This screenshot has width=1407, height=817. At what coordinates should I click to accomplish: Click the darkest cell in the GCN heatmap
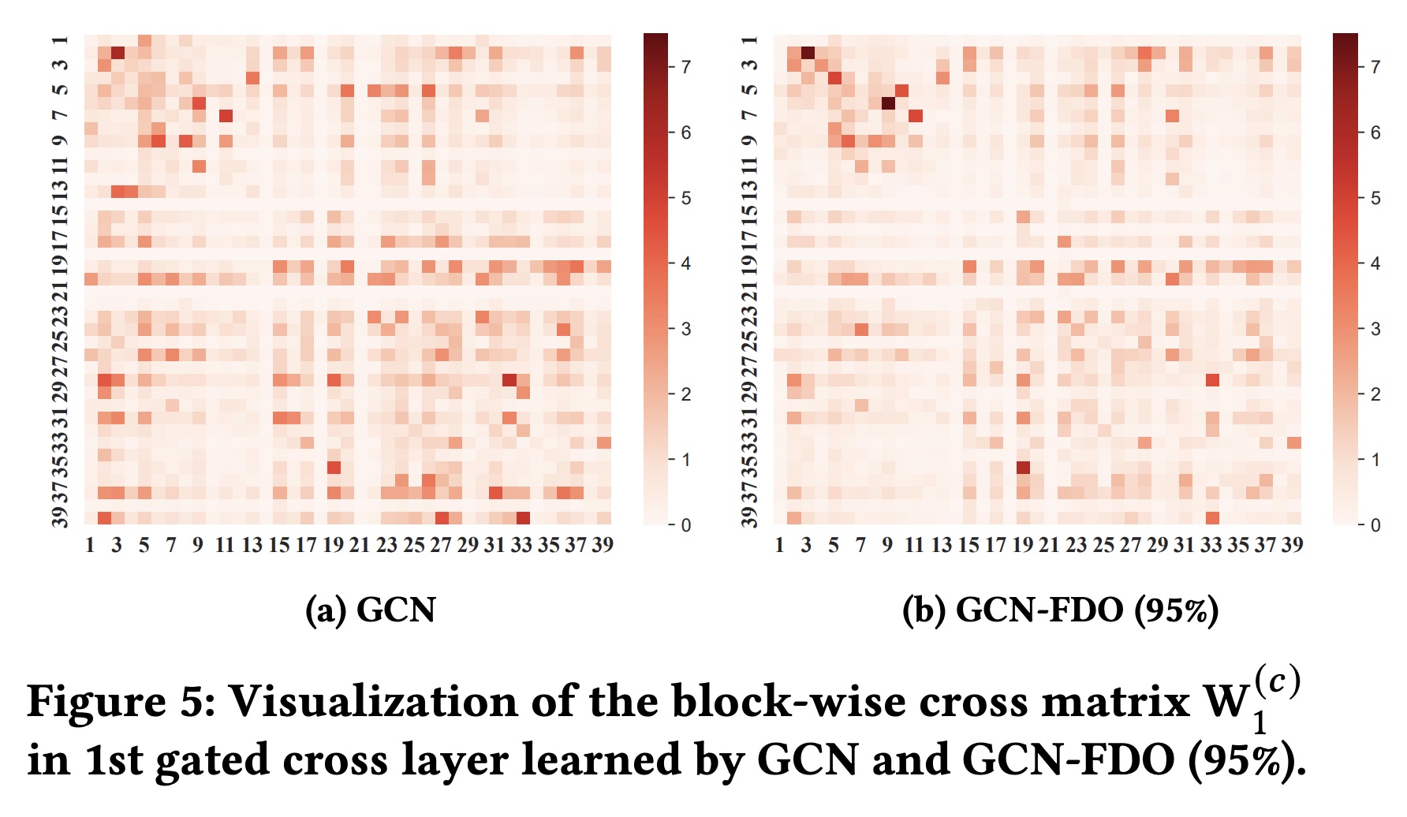[x=118, y=53]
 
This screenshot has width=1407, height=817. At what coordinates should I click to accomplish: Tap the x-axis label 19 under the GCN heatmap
[x=333, y=545]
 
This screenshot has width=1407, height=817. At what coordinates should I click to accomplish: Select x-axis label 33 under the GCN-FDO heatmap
[x=1211, y=545]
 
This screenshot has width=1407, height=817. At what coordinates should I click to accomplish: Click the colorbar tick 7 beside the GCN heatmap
[x=686, y=67]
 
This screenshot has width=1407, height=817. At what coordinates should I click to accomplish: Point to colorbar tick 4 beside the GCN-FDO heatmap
[x=1375, y=263]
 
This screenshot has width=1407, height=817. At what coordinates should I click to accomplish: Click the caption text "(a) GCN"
[x=370, y=610]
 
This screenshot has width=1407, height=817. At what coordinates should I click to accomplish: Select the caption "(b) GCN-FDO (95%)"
[x=1060, y=610]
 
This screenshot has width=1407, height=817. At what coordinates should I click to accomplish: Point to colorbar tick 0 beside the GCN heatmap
[x=686, y=525]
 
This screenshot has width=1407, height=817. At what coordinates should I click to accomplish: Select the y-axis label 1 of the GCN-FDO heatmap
[x=750, y=40]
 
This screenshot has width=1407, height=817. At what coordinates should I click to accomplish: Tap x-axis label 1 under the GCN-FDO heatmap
[x=779, y=545]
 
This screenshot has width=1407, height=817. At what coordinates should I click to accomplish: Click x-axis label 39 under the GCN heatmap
[x=603, y=545]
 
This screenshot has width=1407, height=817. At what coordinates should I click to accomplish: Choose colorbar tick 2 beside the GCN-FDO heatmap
[x=1375, y=394]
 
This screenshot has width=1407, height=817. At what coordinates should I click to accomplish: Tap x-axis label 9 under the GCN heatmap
[x=198, y=545]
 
